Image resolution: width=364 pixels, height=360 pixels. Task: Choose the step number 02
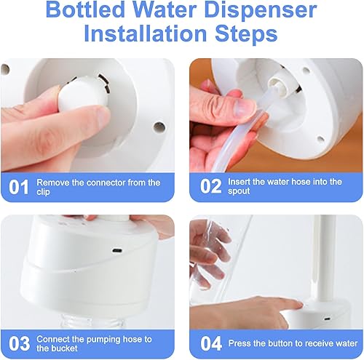(x=210, y=187)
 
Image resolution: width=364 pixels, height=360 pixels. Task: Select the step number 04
(x=210, y=343)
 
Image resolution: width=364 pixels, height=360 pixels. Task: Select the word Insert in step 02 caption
(x=240, y=183)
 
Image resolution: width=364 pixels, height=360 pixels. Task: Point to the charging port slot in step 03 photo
(x=116, y=252)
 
